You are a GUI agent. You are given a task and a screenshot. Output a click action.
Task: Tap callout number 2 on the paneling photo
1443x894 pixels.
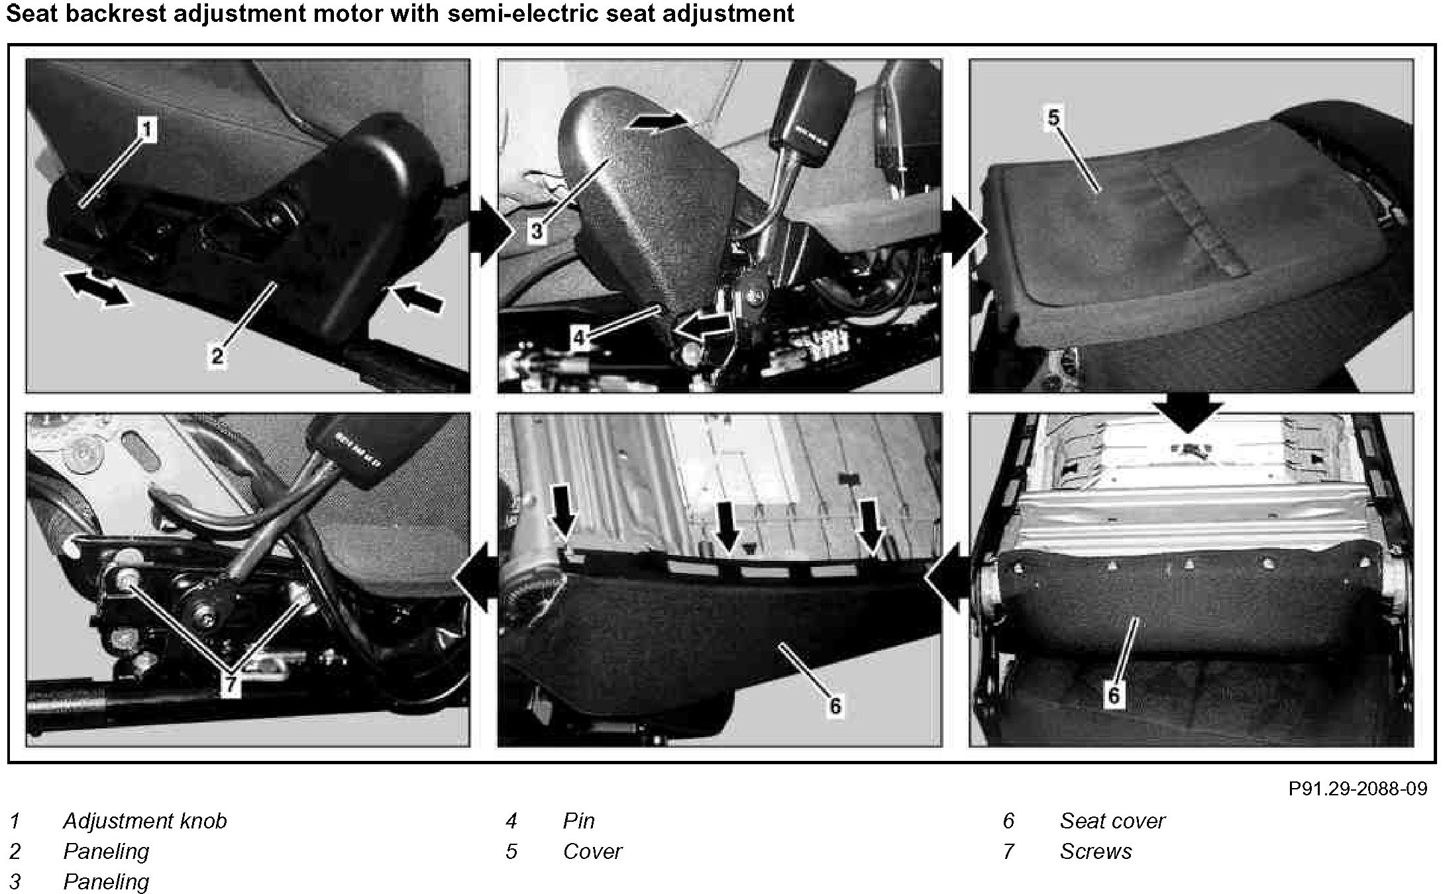(217, 356)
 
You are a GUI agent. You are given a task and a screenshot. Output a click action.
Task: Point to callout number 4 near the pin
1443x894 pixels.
(580, 338)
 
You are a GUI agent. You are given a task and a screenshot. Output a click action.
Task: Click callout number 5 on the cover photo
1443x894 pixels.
(1053, 118)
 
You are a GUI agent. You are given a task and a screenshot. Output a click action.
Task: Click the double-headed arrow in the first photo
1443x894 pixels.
(95, 289)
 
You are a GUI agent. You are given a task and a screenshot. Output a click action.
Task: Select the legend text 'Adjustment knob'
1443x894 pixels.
(145, 821)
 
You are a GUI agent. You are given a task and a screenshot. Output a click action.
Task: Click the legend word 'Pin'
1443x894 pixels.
(579, 821)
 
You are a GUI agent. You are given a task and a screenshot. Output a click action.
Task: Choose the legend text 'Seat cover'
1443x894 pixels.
(1112, 821)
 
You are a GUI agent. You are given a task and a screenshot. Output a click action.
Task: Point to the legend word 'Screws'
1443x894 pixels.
(1096, 851)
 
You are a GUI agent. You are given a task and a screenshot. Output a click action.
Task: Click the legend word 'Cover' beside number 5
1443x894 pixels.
(592, 851)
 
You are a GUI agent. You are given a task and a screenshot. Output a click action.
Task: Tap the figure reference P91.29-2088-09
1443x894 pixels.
(1358, 789)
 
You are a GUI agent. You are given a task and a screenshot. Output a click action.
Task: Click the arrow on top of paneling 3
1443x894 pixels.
(658, 122)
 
